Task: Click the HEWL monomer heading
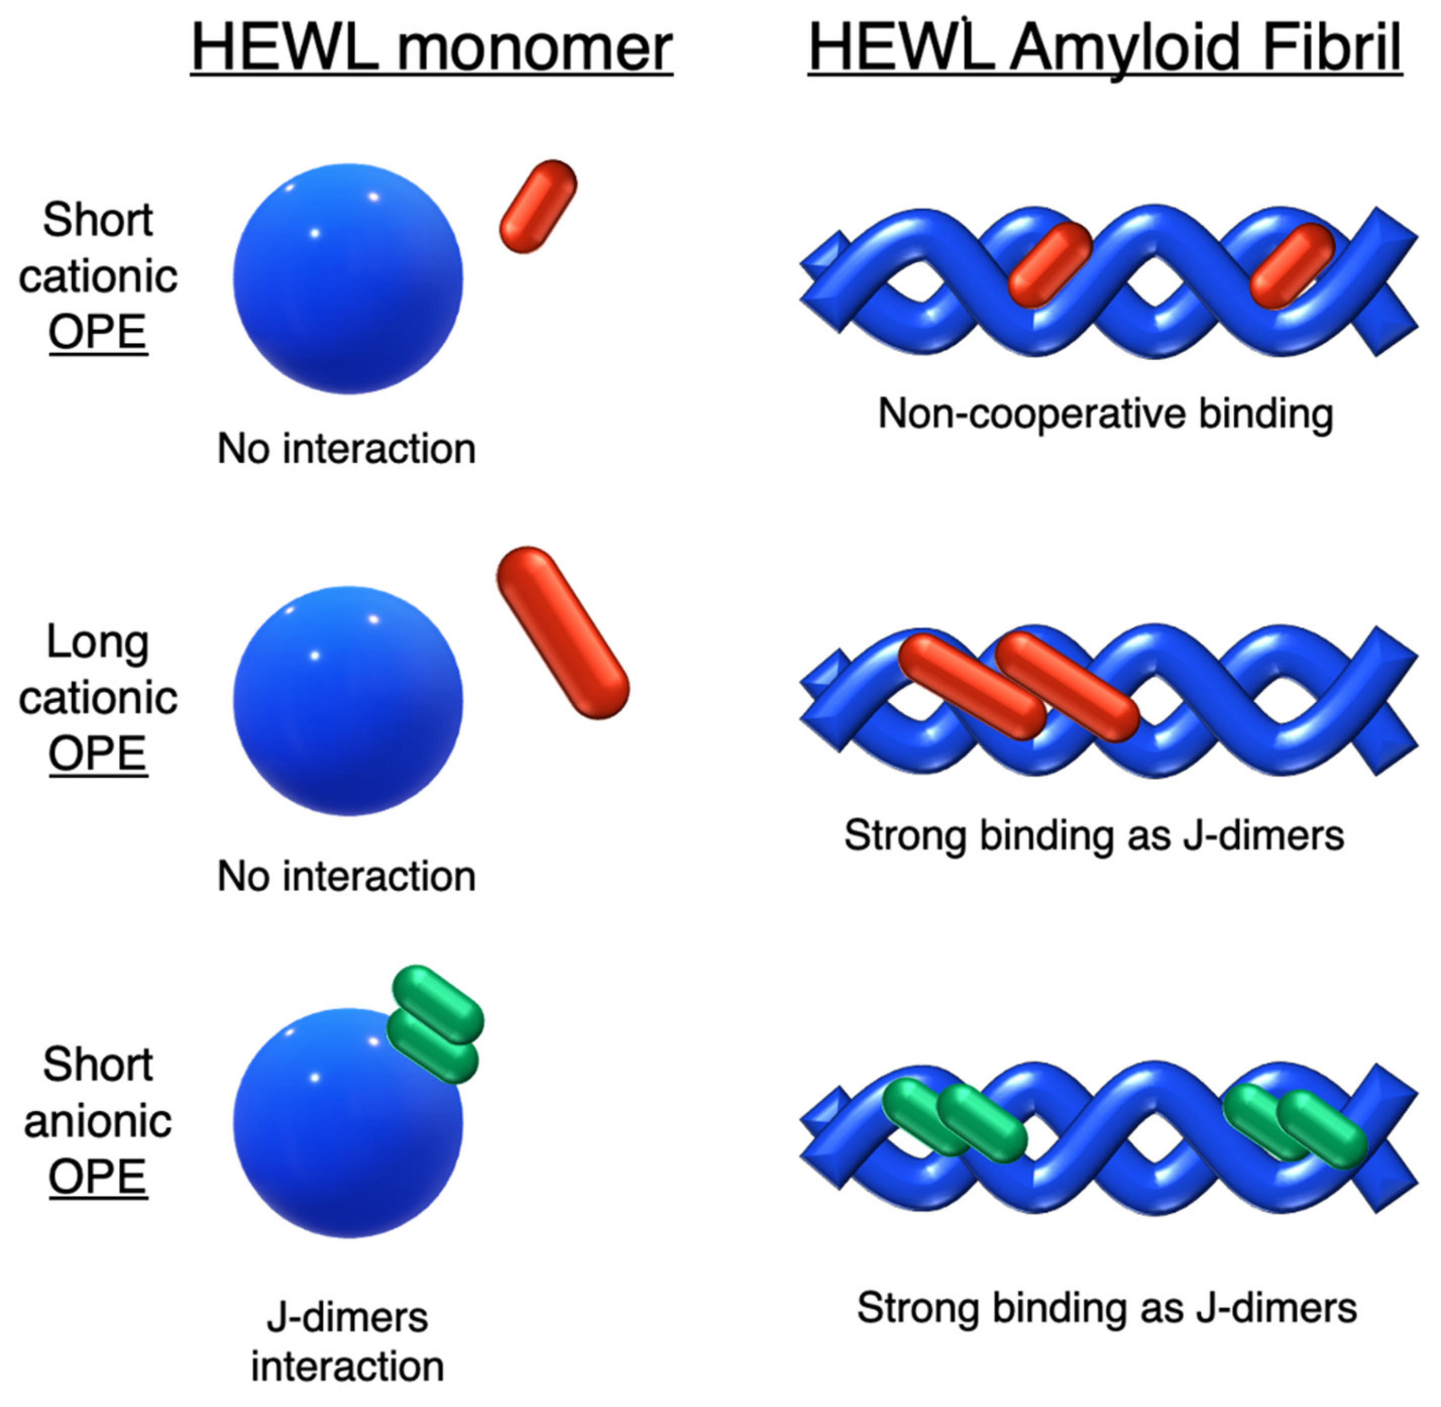tap(431, 48)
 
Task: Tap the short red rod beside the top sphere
tap(538, 206)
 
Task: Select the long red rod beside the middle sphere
tap(563, 632)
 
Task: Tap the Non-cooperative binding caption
tap(1105, 413)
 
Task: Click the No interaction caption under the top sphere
tap(346, 449)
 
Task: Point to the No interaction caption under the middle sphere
tap(346, 877)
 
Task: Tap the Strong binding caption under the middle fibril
tap(1094, 836)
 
